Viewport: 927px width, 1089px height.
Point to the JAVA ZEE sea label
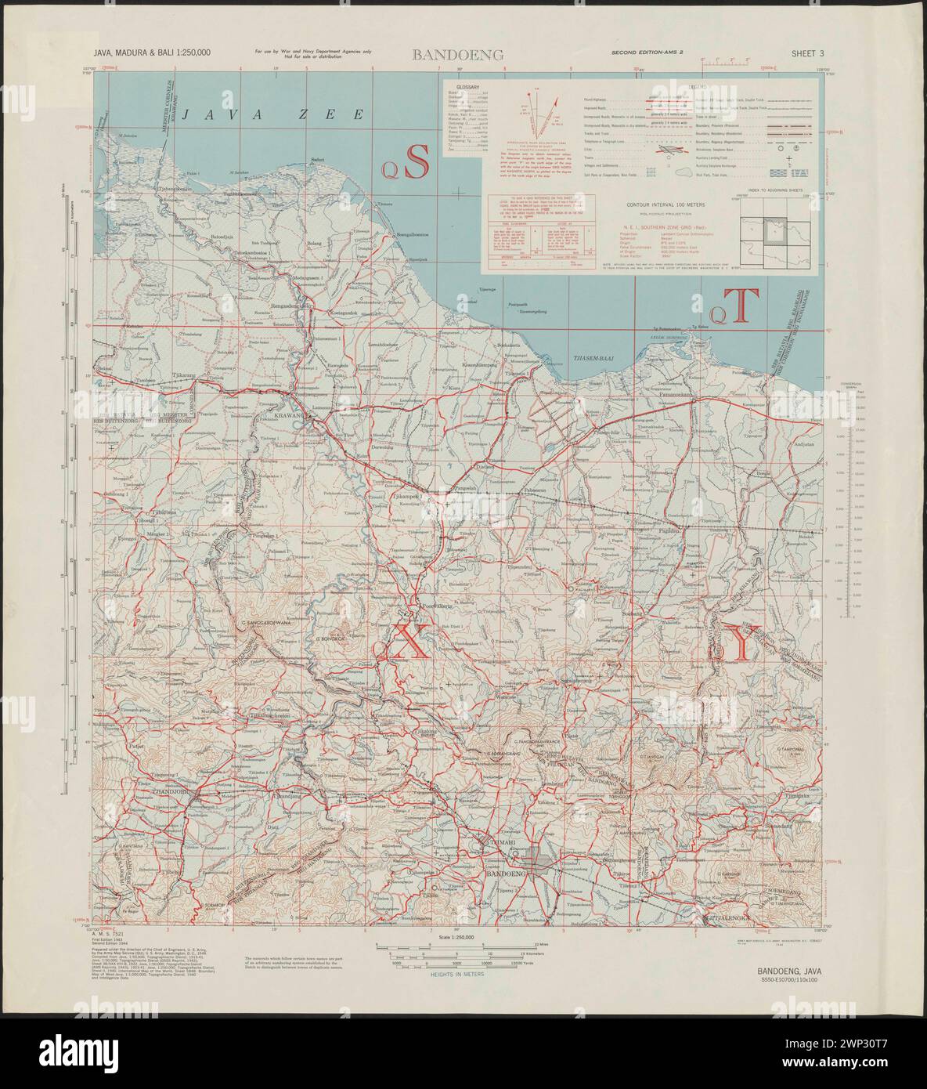[x=274, y=114]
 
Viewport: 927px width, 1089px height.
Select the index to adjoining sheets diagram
[x=765, y=231]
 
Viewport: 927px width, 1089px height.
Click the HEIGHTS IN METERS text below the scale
[x=456, y=974]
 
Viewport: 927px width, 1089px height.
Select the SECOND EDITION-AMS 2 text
[x=652, y=54]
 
